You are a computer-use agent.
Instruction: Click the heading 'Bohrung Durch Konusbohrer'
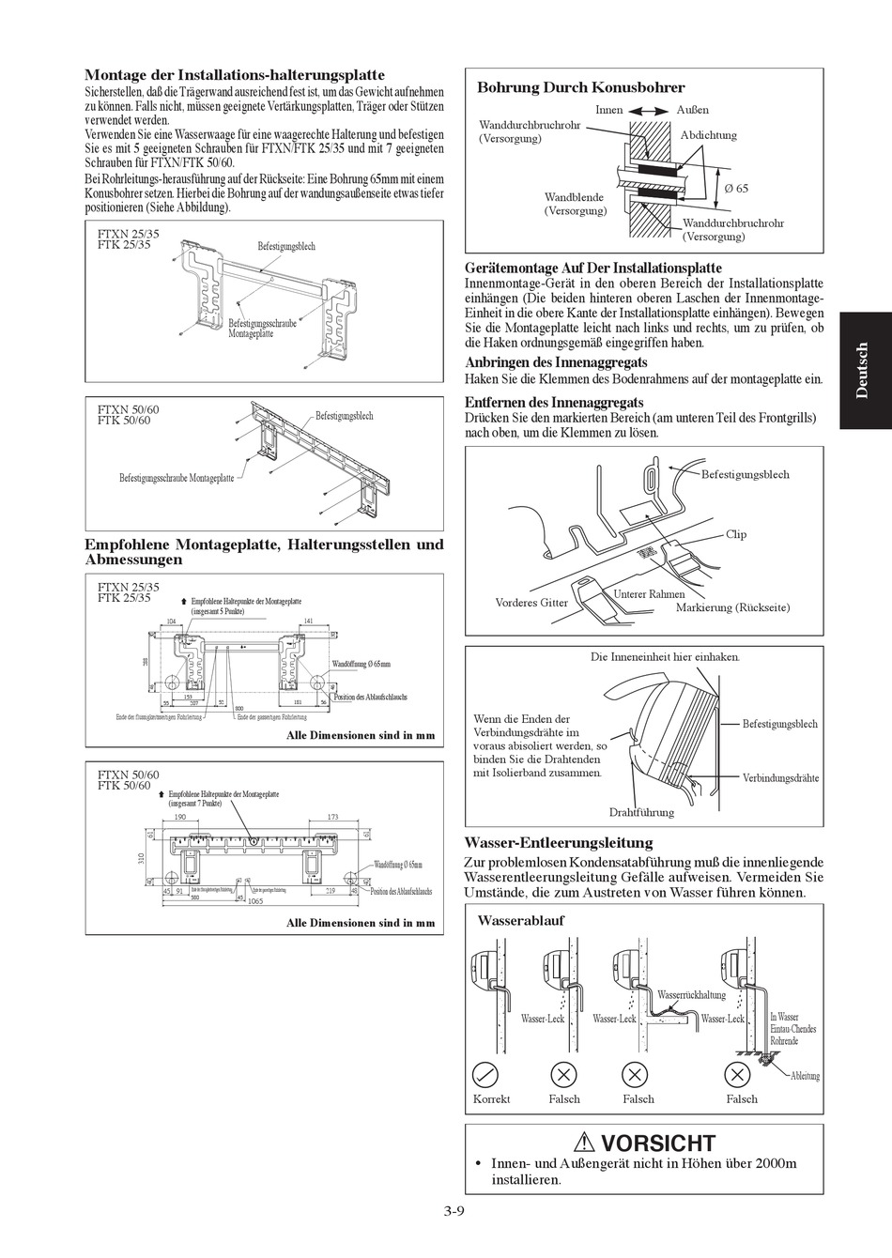[x=580, y=87]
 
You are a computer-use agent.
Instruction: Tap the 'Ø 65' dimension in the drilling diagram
[x=736, y=189]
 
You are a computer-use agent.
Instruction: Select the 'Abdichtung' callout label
[x=708, y=135]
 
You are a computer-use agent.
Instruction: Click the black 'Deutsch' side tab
[x=864, y=371]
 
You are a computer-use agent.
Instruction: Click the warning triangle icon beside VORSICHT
[x=586, y=1143]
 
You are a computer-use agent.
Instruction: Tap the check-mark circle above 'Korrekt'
[x=487, y=1075]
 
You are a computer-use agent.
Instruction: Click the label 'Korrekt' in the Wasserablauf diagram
[x=491, y=1099]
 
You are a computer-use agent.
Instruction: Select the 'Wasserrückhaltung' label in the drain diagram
[x=691, y=995]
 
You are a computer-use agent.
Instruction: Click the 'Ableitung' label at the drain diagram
[x=805, y=1076]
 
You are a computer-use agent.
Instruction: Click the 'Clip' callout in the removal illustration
[x=736, y=534]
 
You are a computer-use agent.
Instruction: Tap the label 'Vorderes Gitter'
[x=531, y=603]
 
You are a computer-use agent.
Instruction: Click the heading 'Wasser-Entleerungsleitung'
[x=558, y=843]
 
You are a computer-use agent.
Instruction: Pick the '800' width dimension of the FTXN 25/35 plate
[x=239, y=709]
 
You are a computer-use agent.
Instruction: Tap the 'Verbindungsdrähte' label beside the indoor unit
[x=780, y=777]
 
